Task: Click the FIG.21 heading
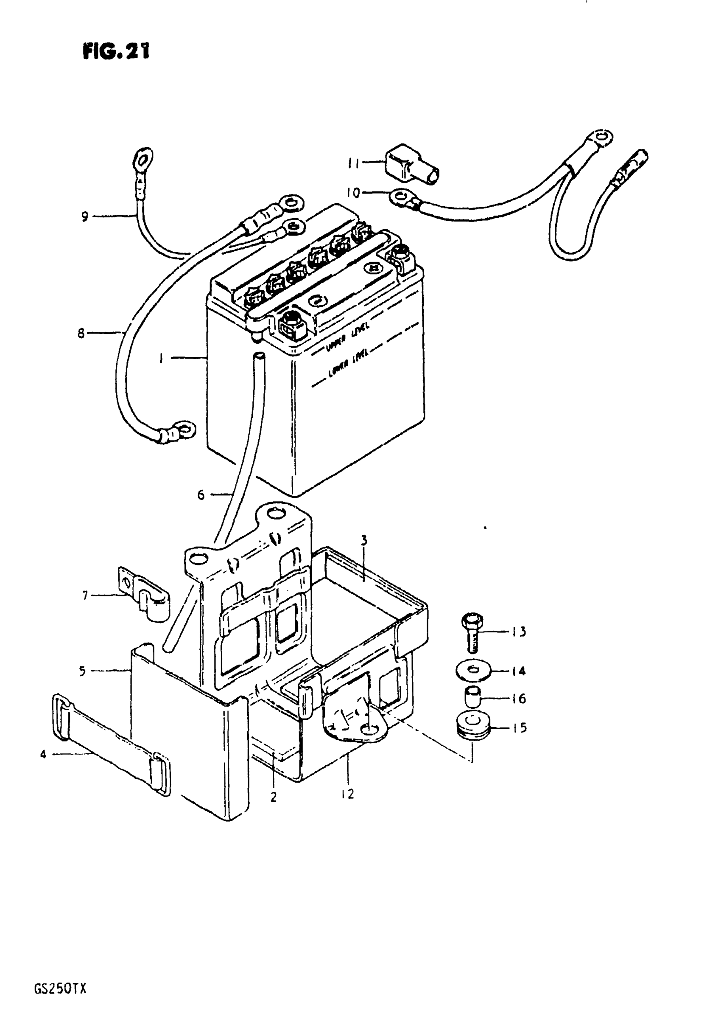116,51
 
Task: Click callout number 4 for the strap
43,755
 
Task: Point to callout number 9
85,217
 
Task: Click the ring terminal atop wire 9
143,158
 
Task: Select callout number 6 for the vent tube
201,494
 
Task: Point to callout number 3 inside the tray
363,541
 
